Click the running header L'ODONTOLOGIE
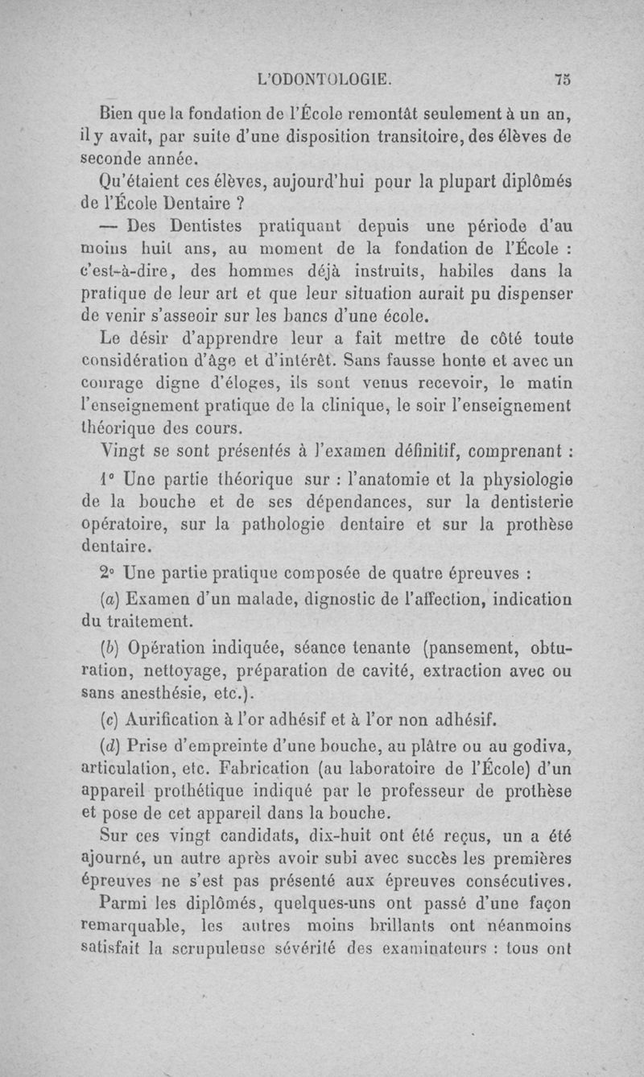[324, 79]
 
